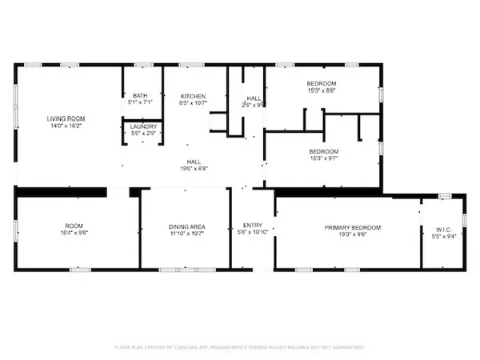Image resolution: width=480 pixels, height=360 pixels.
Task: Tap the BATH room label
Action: [x=140, y=95]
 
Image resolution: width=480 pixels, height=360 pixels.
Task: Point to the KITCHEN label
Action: [x=194, y=95]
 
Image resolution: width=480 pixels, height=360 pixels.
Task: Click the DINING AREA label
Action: [x=186, y=227]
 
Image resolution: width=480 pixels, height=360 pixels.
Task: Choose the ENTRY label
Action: [x=252, y=227]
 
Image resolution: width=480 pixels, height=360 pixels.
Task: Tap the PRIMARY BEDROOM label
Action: [x=352, y=227]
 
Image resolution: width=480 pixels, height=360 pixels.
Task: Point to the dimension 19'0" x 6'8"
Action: [x=194, y=169]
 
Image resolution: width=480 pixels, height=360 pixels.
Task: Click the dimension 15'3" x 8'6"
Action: [x=322, y=91]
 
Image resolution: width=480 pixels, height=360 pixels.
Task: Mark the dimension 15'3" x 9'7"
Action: [x=323, y=159]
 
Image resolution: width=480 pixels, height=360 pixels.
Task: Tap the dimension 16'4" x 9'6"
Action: [x=74, y=234]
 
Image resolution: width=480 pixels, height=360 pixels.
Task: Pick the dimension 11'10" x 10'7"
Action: [x=186, y=234]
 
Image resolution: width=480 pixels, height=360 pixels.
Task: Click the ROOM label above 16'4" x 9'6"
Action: [x=74, y=227]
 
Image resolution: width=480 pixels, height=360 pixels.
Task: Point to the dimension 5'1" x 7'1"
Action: [x=140, y=102]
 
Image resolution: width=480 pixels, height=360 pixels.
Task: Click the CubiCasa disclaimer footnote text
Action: [x=240, y=347]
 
